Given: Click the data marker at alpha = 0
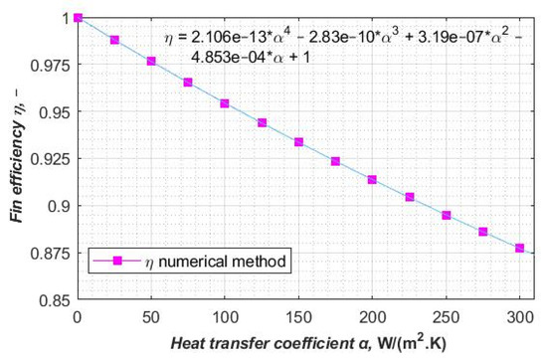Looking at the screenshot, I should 78,18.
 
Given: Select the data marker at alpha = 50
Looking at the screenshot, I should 151,62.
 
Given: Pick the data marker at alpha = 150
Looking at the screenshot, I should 298,142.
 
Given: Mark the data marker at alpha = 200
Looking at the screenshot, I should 372,180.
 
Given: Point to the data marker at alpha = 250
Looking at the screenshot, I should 446,215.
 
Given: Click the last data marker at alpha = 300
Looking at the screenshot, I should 519,248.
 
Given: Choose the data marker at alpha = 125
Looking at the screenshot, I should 262,122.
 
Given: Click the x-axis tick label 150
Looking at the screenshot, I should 298,315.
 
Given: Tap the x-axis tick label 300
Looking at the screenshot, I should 519,315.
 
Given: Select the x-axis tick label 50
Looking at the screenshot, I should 151,315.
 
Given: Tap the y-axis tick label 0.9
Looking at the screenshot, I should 58,206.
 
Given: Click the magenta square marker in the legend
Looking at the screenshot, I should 117,264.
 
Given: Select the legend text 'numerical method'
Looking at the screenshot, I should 234,264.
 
